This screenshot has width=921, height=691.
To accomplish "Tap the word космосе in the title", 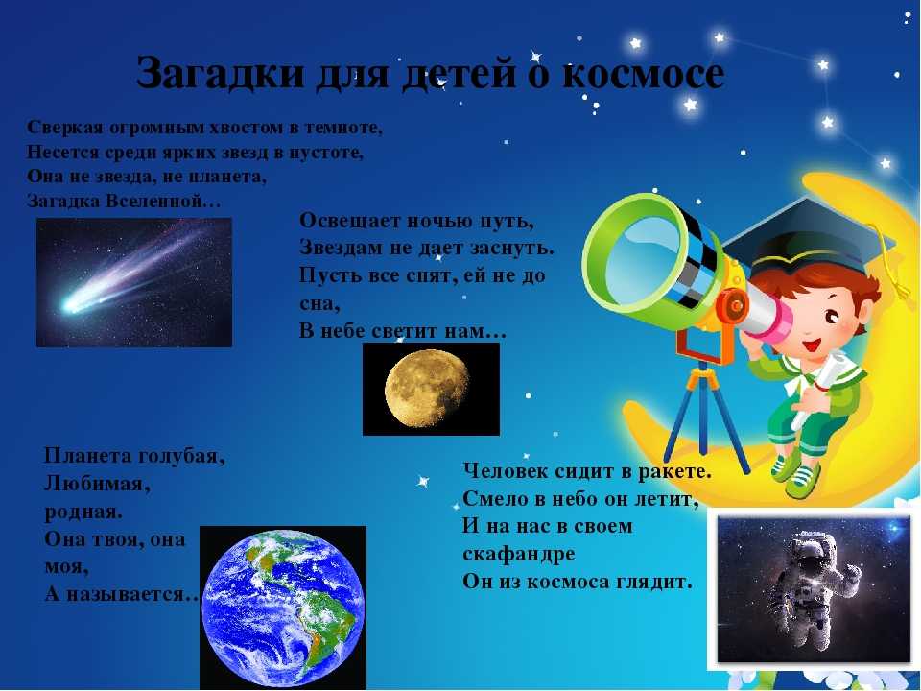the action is tap(643, 74).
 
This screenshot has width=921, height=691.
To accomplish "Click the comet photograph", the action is tap(134, 282).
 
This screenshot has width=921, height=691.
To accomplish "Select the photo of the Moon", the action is tap(431, 389).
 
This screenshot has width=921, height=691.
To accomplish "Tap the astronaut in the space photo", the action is tap(813, 585).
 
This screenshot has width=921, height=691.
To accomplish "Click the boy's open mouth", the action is tap(813, 345).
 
